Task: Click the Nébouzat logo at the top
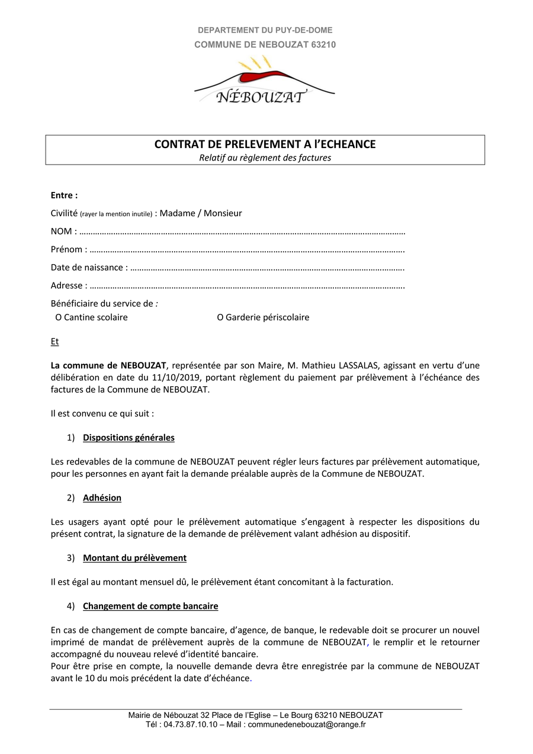tap(265, 82)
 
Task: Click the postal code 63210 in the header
tap(323, 44)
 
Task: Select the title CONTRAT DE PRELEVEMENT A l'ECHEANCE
tap(265, 145)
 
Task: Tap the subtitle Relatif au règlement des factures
tap(265, 158)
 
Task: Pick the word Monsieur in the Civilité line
tap(223, 213)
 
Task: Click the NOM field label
tap(62, 232)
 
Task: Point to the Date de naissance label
tap(87, 268)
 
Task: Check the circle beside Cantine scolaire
tap(59, 317)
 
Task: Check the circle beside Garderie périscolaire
tap(220, 317)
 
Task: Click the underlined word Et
tap(54, 342)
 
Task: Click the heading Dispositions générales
tap(129, 438)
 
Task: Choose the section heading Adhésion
tap(102, 498)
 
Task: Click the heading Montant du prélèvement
tap(134, 558)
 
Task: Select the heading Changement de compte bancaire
tap(150, 606)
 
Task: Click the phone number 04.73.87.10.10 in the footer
tap(191, 724)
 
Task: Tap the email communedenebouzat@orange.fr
tap(307, 724)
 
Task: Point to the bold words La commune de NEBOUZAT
tap(108, 365)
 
